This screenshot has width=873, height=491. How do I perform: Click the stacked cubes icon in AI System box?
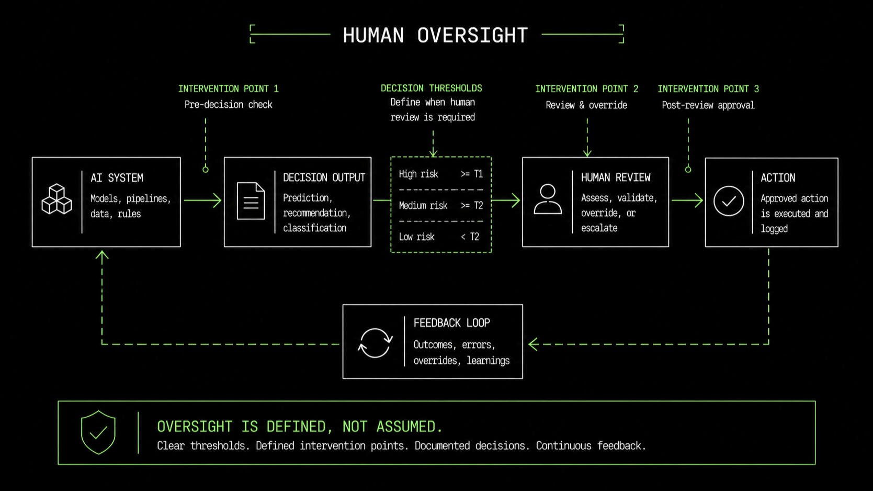(x=57, y=199)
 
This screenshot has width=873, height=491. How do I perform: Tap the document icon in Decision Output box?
(x=251, y=201)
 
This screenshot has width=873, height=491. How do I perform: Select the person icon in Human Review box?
(x=548, y=199)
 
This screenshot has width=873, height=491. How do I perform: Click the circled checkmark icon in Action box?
(x=729, y=201)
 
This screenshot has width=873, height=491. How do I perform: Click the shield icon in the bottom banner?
(x=98, y=432)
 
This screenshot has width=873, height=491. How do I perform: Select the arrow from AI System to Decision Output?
(x=202, y=200)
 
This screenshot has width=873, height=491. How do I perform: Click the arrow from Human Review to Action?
(x=687, y=200)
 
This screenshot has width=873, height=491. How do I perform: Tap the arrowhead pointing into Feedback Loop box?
(x=533, y=344)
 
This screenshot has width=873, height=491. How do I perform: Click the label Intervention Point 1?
(x=229, y=89)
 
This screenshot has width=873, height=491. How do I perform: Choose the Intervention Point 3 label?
(x=708, y=89)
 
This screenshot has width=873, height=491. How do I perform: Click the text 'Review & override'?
(x=586, y=105)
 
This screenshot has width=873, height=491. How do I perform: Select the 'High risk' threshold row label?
(x=418, y=174)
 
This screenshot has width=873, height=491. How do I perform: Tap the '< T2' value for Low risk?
(x=470, y=237)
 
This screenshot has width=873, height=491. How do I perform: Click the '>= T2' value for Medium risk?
(x=472, y=206)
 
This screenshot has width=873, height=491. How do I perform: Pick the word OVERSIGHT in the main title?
(x=472, y=35)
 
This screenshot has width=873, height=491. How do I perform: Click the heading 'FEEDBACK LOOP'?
(x=452, y=323)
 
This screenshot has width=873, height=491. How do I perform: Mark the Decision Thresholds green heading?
(x=432, y=88)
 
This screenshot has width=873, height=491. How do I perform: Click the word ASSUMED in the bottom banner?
(x=409, y=427)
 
